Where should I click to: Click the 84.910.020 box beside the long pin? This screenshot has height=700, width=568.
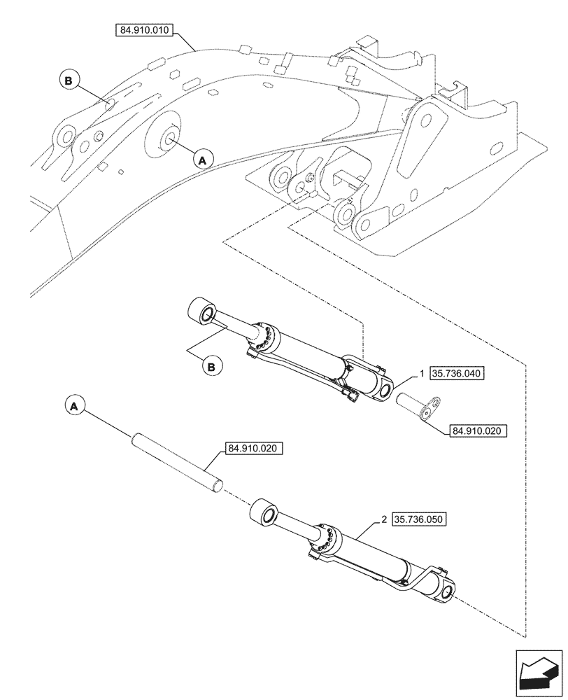point(254,448)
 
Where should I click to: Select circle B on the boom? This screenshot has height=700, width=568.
point(69,81)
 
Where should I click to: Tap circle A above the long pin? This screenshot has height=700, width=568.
point(76,405)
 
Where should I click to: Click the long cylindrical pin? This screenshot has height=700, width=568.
point(178,463)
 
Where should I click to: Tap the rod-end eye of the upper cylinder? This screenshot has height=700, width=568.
point(204,312)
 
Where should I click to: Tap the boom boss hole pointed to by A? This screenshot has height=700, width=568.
point(169,138)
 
